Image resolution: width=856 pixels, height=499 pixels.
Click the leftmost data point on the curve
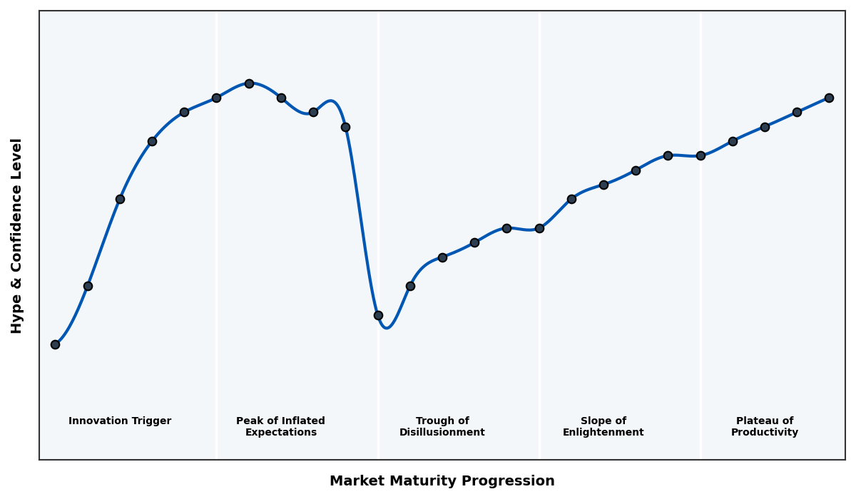pyautogui.click(x=55, y=344)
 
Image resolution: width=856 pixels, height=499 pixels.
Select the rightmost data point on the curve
pyautogui.click(x=829, y=98)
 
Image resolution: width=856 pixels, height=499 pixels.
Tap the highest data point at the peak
pyautogui.click(x=249, y=83)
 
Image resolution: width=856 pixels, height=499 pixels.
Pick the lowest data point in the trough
pyautogui.click(x=378, y=315)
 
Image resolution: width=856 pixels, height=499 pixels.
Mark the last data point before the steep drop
pyautogui.click(x=345, y=127)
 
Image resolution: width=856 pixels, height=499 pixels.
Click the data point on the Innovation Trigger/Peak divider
pyautogui.click(x=216, y=98)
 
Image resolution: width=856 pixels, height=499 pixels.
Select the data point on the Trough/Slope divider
pyautogui.click(x=539, y=228)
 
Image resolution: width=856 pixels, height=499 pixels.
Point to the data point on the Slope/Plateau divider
pyautogui.click(x=700, y=155)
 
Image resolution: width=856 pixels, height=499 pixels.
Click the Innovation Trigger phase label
pyautogui.click(x=120, y=421)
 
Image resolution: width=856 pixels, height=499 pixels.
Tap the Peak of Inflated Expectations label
pyautogui.click(x=280, y=427)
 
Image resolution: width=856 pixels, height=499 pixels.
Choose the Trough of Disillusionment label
pyautogui.click(x=442, y=427)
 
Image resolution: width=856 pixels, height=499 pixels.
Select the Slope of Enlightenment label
pyautogui.click(x=603, y=427)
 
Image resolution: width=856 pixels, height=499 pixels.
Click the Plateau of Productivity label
pyautogui.click(x=765, y=427)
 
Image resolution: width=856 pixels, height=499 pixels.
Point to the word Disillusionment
pyautogui.click(x=442, y=433)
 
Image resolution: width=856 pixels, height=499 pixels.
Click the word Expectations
pyautogui.click(x=280, y=433)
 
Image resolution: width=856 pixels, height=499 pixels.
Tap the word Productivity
pyautogui.click(x=765, y=433)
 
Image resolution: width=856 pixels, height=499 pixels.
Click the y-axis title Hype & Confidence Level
pyautogui.click(x=17, y=235)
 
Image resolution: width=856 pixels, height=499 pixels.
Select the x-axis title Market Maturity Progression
pyautogui.click(x=442, y=481)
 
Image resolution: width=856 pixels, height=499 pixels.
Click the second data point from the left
pyautogui.click(x=88, y=286)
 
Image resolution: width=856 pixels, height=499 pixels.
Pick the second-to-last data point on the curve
pyautogui.click(x=797, y=112)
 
